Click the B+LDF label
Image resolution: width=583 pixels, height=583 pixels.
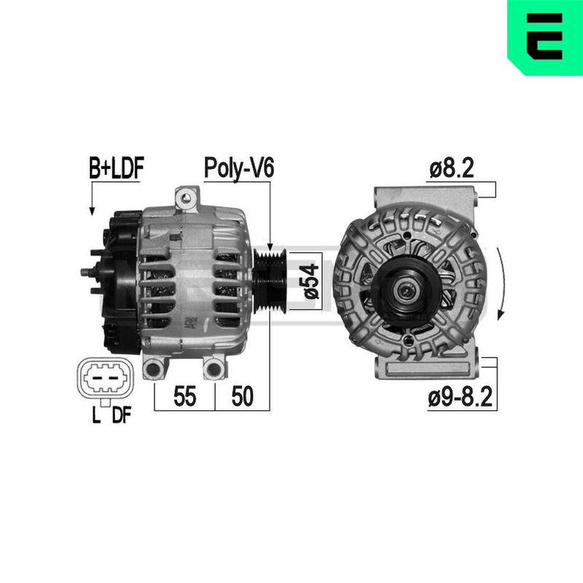click(117, 168)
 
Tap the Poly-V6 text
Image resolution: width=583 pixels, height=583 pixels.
click(238, 168)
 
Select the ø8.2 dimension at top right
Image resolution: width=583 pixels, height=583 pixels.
click(452, 169)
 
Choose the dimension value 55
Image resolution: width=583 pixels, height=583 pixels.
click(185, 396)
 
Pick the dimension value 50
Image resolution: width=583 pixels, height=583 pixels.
click(242, 396)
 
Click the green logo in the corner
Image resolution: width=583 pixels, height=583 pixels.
click(545, 37)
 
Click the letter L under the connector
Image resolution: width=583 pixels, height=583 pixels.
click(95, 416)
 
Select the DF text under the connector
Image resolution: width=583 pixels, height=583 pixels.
click(121, 416)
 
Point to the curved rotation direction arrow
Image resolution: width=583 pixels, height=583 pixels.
click(500, 284)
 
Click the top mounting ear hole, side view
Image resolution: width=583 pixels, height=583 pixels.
click(187, 196)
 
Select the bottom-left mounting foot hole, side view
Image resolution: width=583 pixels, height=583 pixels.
click(154, 369)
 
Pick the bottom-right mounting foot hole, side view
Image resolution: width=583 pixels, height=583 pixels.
click(213, 369)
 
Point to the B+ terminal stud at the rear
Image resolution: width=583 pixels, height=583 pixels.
click(86, 273)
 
